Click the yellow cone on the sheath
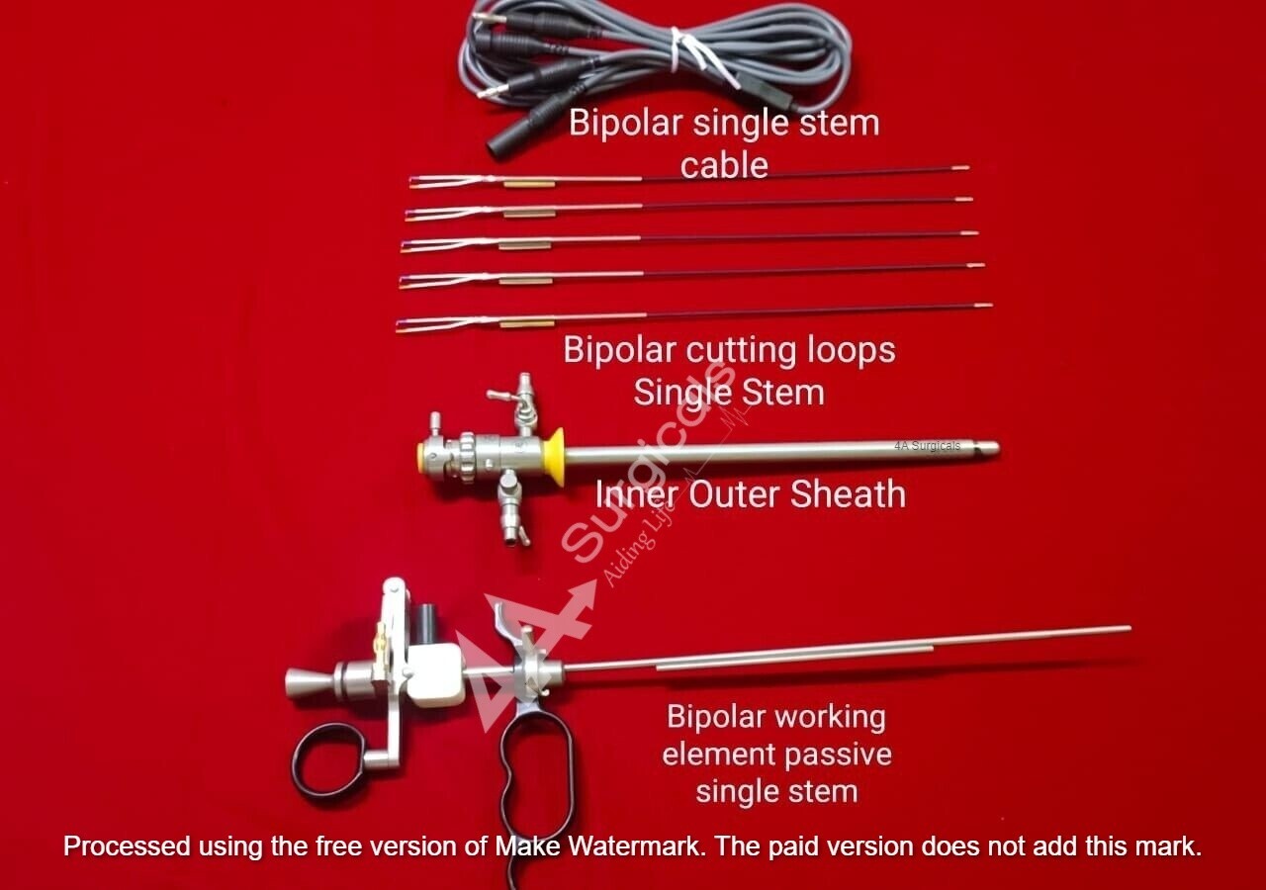(x=555, y=457)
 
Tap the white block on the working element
(x=434, y=673)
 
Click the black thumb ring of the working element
(x=327, y=760)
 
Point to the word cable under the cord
(x=724, y=165)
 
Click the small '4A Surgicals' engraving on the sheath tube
(x=927, y=446)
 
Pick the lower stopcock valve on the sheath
(x=511, y=508)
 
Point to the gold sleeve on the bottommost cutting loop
(x=526, y=323)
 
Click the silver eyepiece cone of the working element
(x=305, y=682)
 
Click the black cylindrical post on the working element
(x=428, y=623)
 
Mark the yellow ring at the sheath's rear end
(x=422, y=457)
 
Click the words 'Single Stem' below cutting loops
(x=729, y=392)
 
